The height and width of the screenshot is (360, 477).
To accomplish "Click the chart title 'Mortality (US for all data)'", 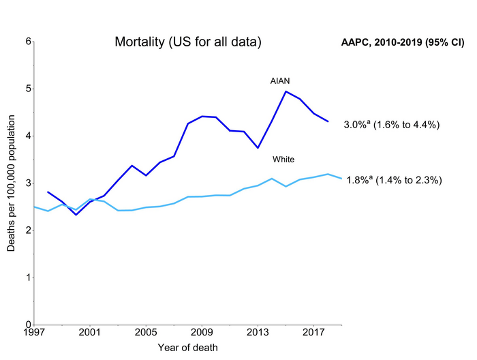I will pyautogui.click(x=187, y=43).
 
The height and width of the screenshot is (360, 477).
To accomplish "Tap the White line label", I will pyautogui.click(x=283, y=160).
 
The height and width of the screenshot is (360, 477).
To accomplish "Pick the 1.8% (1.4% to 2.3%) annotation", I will pyautogui.click(x=395, y=181).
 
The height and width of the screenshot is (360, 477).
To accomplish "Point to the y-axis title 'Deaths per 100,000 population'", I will pyautogui.click(x=12, y=183).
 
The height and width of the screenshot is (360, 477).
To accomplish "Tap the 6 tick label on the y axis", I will pyautogui.click(x=29, y=42).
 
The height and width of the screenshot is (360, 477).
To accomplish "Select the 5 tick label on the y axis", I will pyautogui.click(x=29, y=89).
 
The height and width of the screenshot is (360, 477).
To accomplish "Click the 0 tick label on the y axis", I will pyautogui.click(x=29, y=325).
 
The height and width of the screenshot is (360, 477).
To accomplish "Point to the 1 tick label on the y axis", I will pyautogui.click(x=29, y=277).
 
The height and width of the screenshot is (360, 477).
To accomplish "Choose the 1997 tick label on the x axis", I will pyautogui.click(x=34, y=333).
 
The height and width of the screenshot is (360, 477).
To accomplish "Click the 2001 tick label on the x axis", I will pyautogui.click(x=90, y=333).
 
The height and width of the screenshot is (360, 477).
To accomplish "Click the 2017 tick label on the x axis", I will pyautogui.click(x=313, y=333).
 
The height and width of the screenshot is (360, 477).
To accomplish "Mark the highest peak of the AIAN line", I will pyautogui.click(x=286, y=91).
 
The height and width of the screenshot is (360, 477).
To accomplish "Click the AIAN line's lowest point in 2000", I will pyautogui.click(x=76, y=215).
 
